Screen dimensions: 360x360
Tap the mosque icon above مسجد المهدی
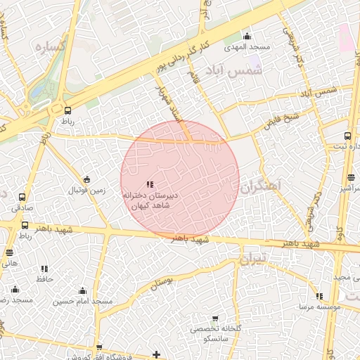coord(247,37)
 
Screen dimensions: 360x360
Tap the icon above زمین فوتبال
coord(86,179)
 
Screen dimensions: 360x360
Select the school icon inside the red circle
coord(149,184)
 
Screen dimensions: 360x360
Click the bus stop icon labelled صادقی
coord(22,198)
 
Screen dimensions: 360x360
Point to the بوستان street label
coord(161,283)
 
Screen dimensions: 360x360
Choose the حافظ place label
coord(45,279)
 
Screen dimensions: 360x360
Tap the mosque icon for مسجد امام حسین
coord(82,290)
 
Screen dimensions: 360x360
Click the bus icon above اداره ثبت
coord(348,136)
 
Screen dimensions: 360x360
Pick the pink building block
coord(345,36)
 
